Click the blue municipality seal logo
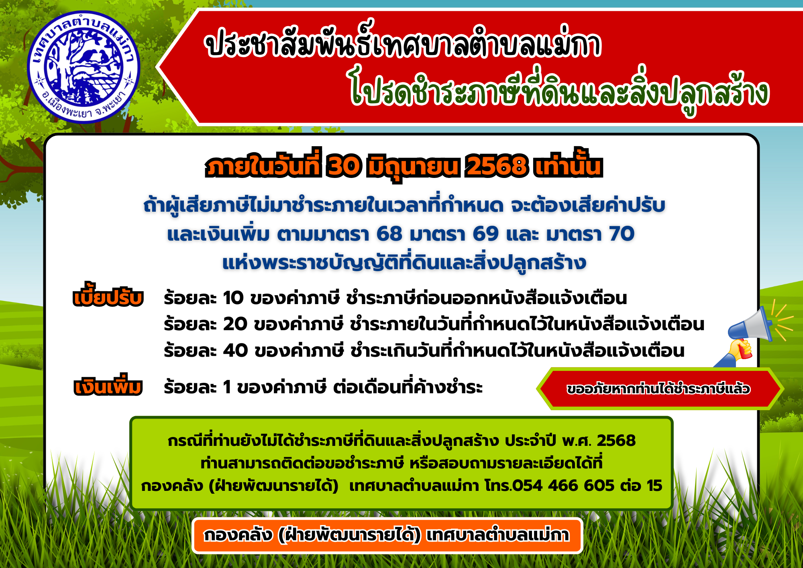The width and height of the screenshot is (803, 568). (84, 67)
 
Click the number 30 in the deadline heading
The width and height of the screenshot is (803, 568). (344, 165)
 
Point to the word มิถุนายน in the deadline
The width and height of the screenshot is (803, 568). (413, 167)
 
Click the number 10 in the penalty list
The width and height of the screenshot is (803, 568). (233, 298)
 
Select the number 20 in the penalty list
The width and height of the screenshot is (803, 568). (235, 324)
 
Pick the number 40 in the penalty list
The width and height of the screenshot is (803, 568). (236, 350)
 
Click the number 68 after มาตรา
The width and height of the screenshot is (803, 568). (389, 234)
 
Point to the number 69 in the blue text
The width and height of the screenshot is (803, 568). (486, 234)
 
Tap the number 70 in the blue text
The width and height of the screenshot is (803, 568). (622, 234)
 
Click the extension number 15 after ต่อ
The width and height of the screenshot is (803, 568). (654, 486)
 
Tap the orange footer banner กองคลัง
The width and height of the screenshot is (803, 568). (387, 535)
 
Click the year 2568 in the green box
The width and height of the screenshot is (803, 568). (616, 440)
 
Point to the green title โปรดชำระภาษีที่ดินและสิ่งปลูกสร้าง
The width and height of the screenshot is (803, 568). (559, 92)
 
